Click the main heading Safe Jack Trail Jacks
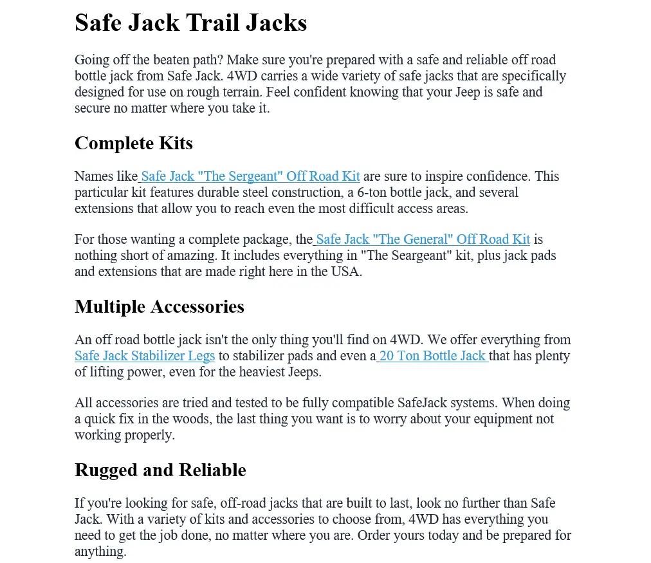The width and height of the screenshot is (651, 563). click(190, 23)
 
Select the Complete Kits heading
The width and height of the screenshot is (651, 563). click(133, 143)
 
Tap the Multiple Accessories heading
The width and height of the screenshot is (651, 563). click(159, 306)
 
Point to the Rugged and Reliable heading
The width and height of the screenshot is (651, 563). click(160, 470)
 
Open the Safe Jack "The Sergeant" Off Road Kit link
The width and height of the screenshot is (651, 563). click(250, 176)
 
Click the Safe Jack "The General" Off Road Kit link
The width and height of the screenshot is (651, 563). click(423, 239)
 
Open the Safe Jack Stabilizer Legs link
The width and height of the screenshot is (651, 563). click(145, 356)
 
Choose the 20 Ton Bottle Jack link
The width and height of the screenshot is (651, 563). click(432, 356)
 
